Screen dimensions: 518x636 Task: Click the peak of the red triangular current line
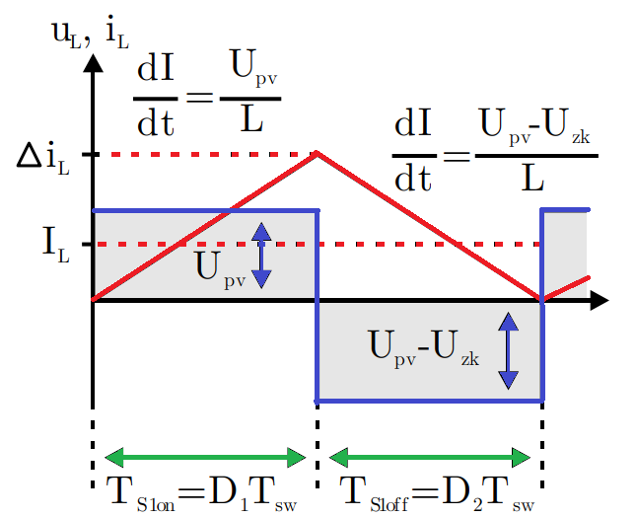317,153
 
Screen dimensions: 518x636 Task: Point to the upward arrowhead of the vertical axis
93,61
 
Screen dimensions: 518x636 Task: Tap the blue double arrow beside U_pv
261,254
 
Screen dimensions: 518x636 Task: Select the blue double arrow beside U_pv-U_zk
508,349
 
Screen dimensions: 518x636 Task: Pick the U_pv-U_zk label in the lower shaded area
423,347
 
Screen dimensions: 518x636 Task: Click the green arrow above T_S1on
205,457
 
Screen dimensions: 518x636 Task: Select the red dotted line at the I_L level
394,244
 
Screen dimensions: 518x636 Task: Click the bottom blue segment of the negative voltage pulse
430,401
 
